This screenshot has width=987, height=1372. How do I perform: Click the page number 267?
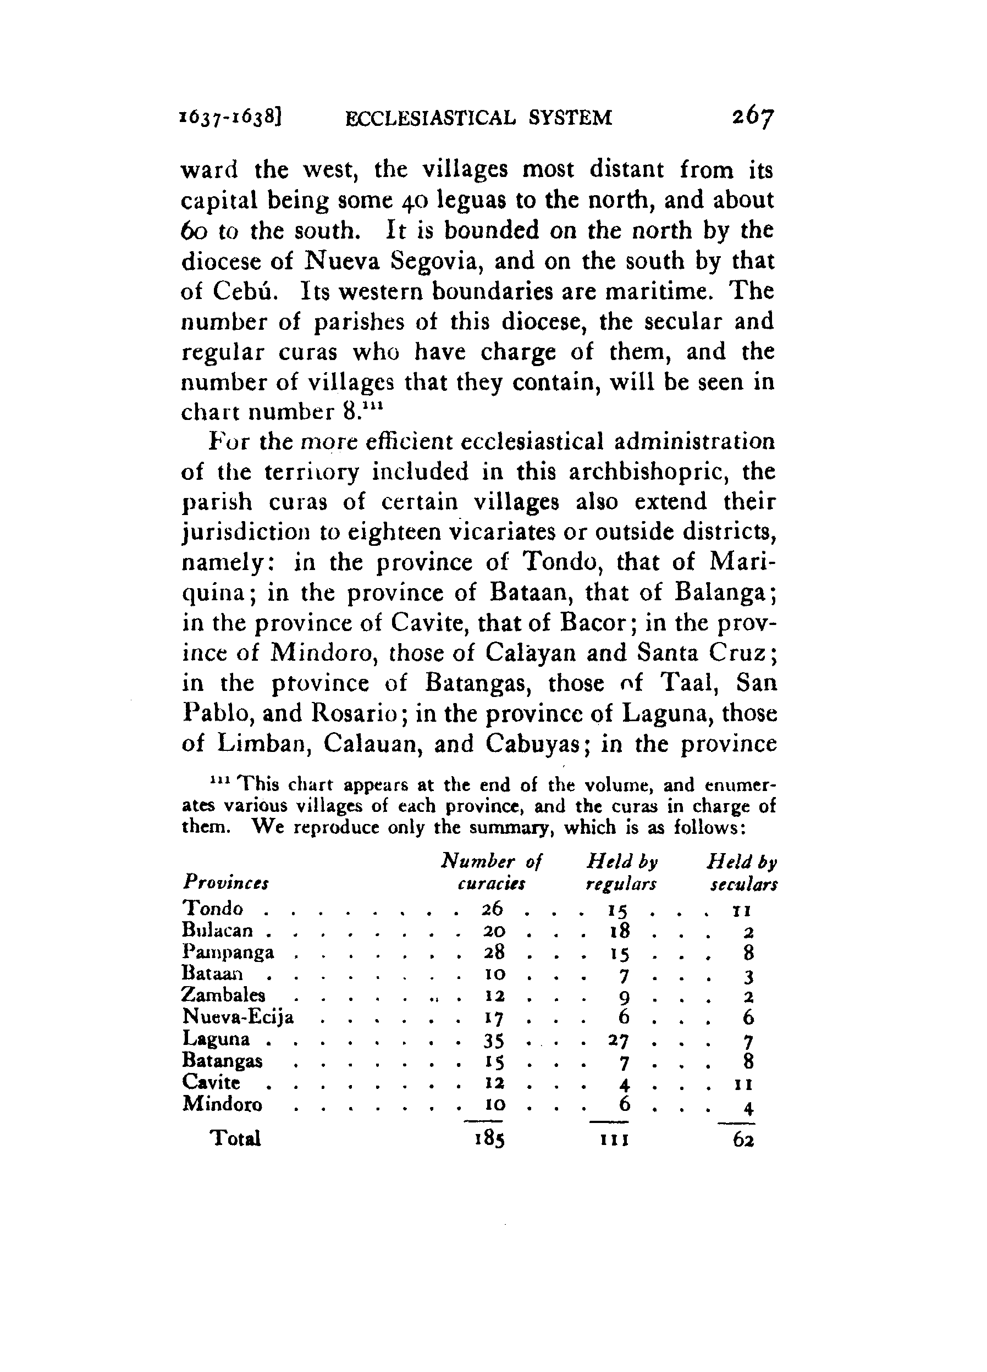coord(752,116)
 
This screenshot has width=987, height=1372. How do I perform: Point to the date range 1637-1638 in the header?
coord(231,117)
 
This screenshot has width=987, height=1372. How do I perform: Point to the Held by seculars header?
coord(742,872)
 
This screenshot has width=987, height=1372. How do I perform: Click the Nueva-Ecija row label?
coord(239,1017)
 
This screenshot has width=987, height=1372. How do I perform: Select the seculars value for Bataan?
coord(748,975)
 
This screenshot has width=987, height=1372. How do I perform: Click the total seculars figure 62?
coord(742,1139)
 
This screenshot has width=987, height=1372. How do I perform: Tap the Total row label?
coord(235,1138)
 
